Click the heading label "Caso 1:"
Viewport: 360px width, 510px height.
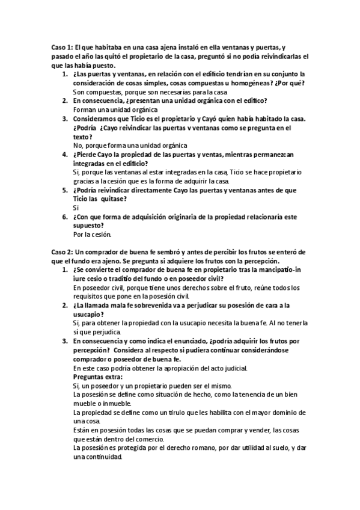pos(61,47)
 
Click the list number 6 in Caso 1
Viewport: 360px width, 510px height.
pos(65,217)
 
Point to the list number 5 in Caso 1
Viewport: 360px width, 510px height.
pos(65,189)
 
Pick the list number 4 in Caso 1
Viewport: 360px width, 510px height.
pos(65,154)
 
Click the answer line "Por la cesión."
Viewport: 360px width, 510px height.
pos(92,234)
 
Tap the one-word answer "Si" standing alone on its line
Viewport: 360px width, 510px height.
pos(76,207)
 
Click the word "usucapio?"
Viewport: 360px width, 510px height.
pos(90,314)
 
